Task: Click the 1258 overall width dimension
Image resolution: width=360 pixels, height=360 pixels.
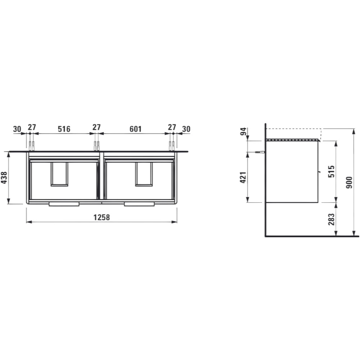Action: [x=102, y=217]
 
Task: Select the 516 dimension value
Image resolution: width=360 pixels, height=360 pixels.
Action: [x=64, y=129]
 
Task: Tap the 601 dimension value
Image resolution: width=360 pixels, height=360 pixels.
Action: [x=135, y=129]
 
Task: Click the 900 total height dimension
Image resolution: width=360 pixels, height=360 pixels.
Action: [x=349, y=183]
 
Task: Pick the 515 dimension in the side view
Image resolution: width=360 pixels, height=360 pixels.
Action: [x=331, y=171]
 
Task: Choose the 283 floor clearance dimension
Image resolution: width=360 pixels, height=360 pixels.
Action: [x=331, y=219]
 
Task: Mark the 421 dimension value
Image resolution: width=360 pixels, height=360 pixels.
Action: [x=243, y=177]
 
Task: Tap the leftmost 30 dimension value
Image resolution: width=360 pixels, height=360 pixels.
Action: [x=17, y=129]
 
